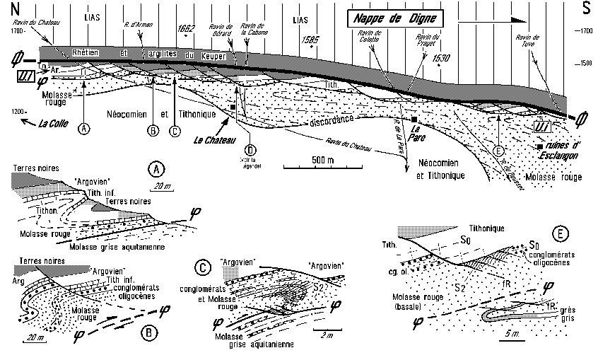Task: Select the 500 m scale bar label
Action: (319, 160)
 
